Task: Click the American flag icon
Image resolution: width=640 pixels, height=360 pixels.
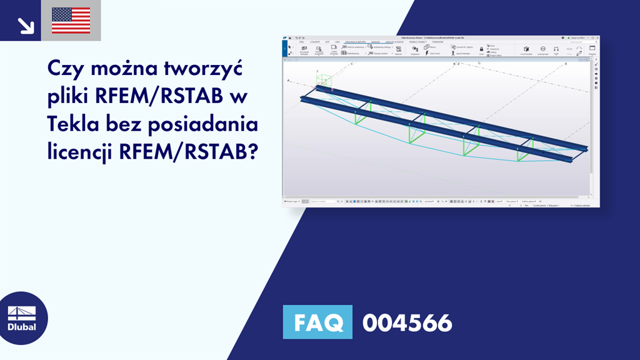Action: (71, 21)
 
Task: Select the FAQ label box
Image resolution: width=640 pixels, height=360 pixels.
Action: (317, 322)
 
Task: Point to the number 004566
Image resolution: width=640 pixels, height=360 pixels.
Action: (407, 322)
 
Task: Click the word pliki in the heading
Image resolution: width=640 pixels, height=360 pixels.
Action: (69, 96)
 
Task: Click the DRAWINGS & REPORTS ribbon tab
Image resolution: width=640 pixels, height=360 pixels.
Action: (356, 42)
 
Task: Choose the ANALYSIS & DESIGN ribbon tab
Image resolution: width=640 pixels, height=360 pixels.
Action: (395, 42)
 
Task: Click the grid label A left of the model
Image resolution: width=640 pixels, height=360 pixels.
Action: (288, 81)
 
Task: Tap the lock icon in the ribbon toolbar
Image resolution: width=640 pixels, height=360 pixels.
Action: (481, 49)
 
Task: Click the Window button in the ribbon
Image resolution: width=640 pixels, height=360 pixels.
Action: (592, 50)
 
